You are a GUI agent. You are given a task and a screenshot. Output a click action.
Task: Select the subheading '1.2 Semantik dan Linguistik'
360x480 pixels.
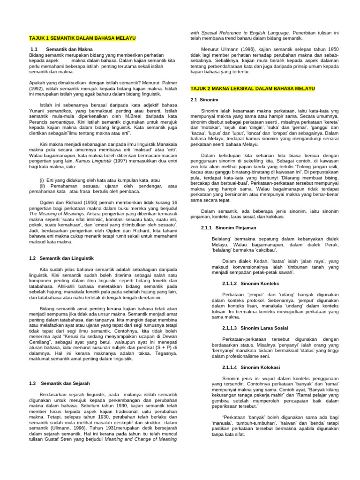pos(61,258)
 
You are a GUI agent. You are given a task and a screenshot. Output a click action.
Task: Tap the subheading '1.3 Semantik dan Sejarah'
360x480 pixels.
pos(59,383)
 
